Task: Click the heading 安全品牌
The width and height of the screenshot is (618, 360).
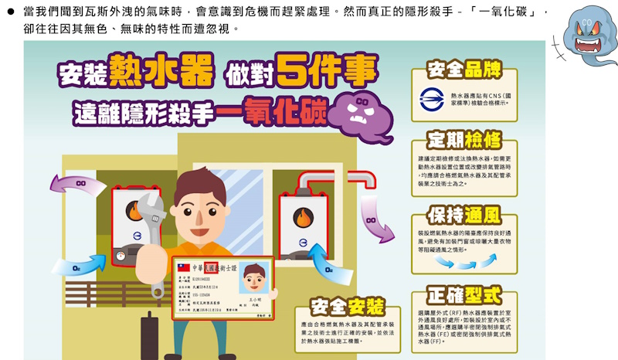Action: click(463, 70)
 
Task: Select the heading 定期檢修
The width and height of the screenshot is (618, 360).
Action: click(463, 141)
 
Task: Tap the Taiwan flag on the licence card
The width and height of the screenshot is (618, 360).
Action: click(183, 267)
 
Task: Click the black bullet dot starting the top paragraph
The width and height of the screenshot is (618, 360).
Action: click(12, 13)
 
